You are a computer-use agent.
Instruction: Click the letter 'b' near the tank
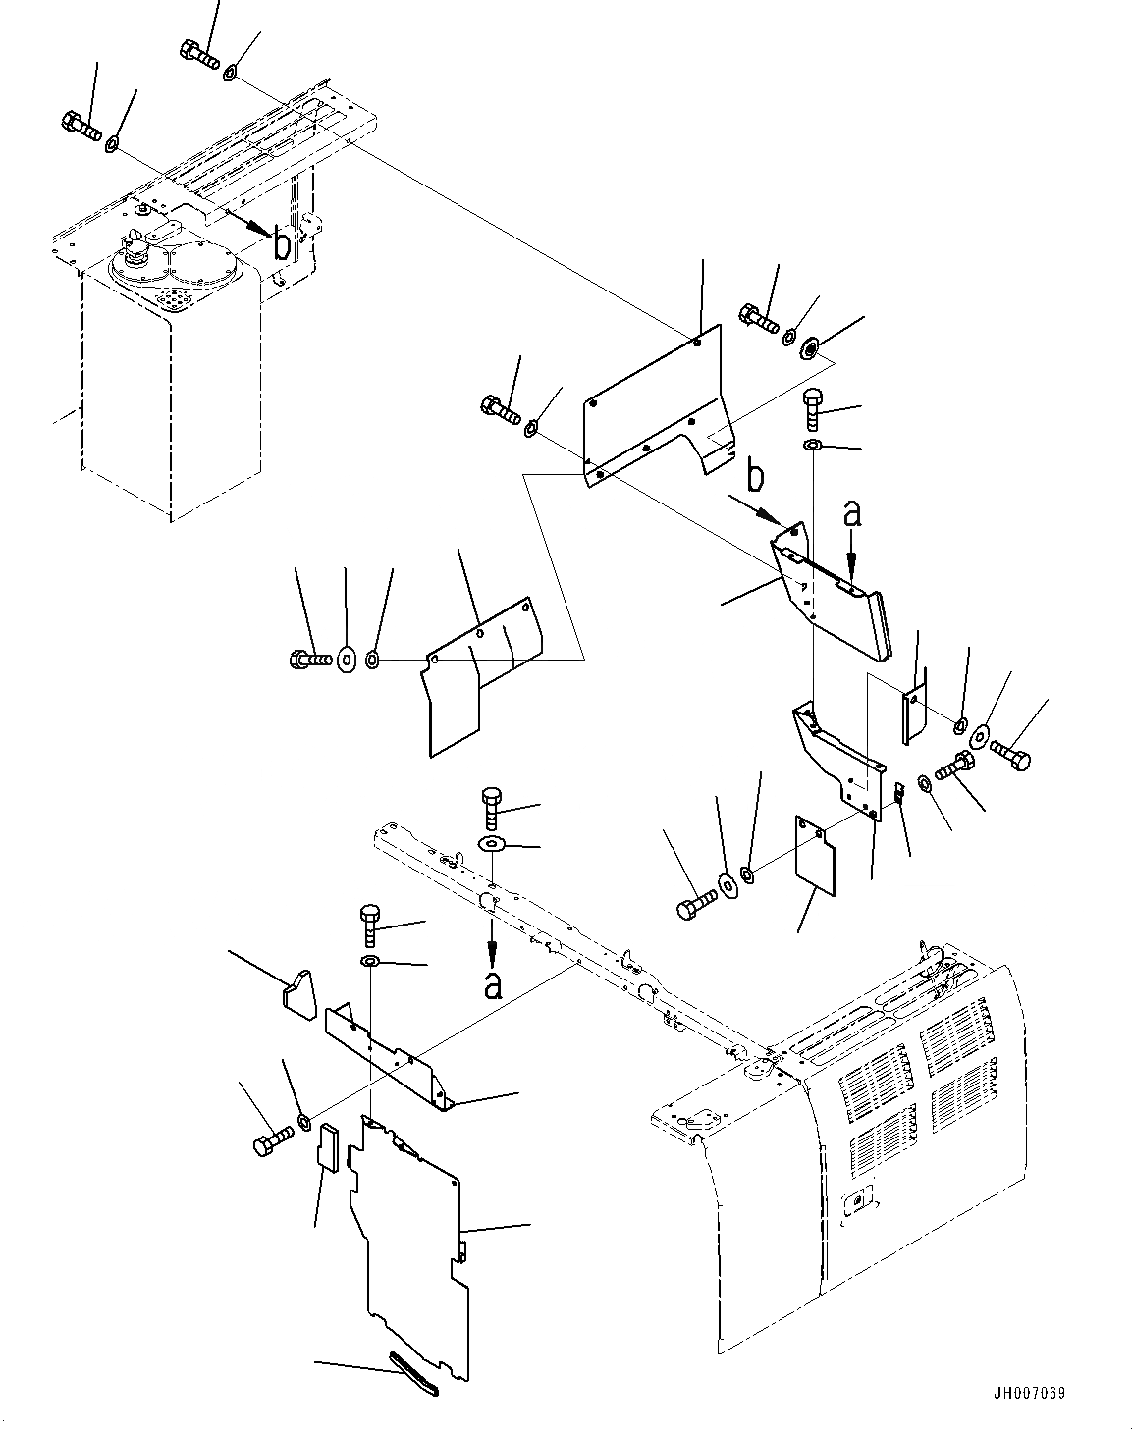pos(281,245)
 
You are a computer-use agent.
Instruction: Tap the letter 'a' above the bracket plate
pos(852,513)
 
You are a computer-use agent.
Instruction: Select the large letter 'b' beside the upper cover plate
pos(754,478)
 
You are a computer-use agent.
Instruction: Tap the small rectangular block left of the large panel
pos(327,1147)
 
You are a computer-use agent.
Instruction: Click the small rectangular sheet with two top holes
pos(814,857)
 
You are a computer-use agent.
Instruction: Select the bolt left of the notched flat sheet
pos(306,661)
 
